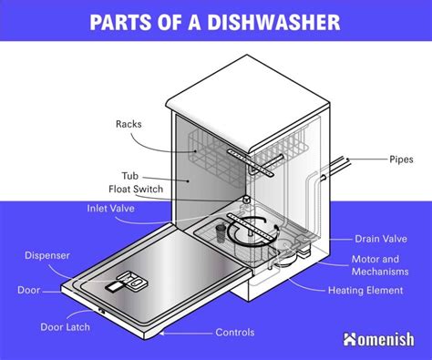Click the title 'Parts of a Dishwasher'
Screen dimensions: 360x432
(x=216, y=21)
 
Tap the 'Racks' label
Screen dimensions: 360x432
(x=129, y=125)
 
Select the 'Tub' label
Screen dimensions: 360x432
(x=129, y=175)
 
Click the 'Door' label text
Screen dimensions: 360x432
(x=29, y=291)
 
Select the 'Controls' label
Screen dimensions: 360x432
(x=234, y=333)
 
